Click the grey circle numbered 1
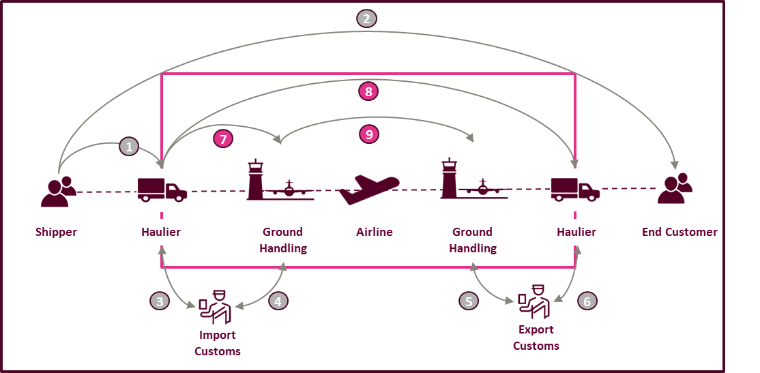(129, 147)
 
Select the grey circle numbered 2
(366, 18)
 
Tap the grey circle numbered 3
(160, 301)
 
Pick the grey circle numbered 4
(278, 301)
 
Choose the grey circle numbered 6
(587, 300)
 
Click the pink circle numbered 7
(223, 138)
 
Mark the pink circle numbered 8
(368, 91)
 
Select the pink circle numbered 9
(369, 134)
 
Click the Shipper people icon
(58, 191)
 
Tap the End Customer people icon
(675, 189)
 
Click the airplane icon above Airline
(368, 189)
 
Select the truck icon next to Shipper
(162, 190)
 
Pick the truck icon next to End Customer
(575, 190)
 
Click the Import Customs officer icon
(216, 307)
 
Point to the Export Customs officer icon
(534, 301)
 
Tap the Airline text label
(375, 232)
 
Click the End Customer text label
(679, 232)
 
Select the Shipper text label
(56, 232)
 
